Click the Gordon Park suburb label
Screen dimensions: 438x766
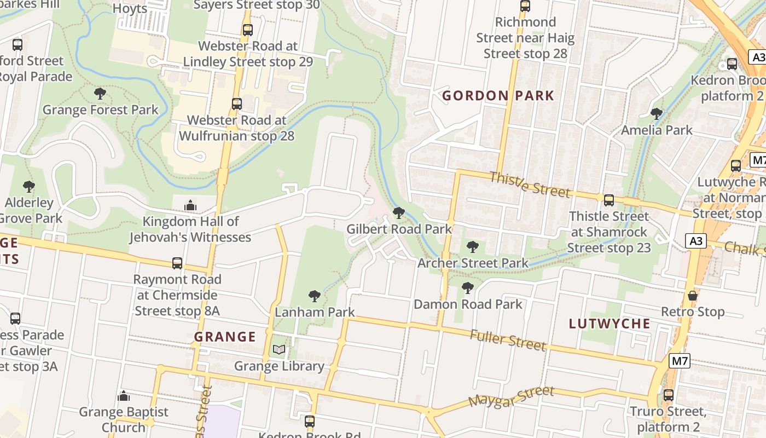pyautogui.click(x=498, y=96)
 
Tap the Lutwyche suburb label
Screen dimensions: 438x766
pyautogui.click(x=610, y=324)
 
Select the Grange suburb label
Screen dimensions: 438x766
pyautogui.click(x=225, y=337)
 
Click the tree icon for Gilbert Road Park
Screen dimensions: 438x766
pyautogui.click(x=399, y=212)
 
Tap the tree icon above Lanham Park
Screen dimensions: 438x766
pyautogui.click(x=315, y=296)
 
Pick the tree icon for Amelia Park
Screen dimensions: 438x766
pyautogui.click(x=656, y=114)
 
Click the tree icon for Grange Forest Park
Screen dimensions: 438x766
pyautogui.click(x=100, y=94)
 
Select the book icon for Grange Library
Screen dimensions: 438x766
pyautogui.click(x=279, y=349)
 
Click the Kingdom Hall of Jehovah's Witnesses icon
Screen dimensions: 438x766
pyautogui.click(x=190, y=205)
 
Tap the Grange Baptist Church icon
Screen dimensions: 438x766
pyautogui.click(x=124, y=395)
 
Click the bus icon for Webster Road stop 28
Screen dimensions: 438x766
pyautogui.click(x=237, y=103)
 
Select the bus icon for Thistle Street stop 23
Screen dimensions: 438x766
pyautogui.click(x=608, y=200)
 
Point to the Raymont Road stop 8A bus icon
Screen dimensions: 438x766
pyautogui.click(x=177, y=263)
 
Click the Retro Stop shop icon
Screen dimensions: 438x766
pyautogui.click(x=693, y=296)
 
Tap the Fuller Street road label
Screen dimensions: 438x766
pyautogui.click(x=508, y=340)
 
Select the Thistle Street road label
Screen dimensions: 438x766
pyautogui.click(x=530, y=184)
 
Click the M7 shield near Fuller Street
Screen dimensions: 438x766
pyautogui.click(x=679, y=361)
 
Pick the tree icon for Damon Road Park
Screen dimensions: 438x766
pyautogui.click(x=467, y=287)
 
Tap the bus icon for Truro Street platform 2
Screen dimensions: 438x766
pyautogui.click(x=668, y=395)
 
